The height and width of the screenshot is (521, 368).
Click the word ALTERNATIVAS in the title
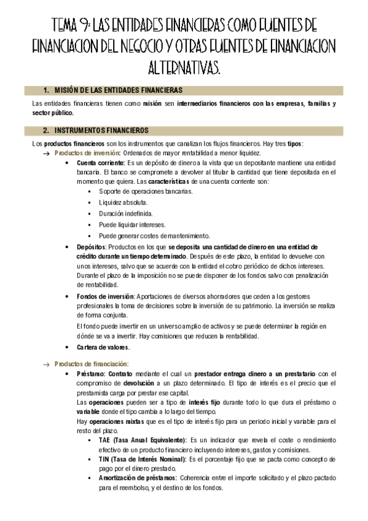184,67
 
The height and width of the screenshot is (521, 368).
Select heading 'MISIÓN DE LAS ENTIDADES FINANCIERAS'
114,90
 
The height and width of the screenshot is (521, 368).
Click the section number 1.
45,90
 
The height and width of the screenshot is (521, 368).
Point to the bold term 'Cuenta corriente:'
100,163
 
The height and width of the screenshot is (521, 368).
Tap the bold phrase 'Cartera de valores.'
103,347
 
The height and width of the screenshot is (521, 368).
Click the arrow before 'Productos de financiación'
45,364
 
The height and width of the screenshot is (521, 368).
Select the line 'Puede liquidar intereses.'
128,224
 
